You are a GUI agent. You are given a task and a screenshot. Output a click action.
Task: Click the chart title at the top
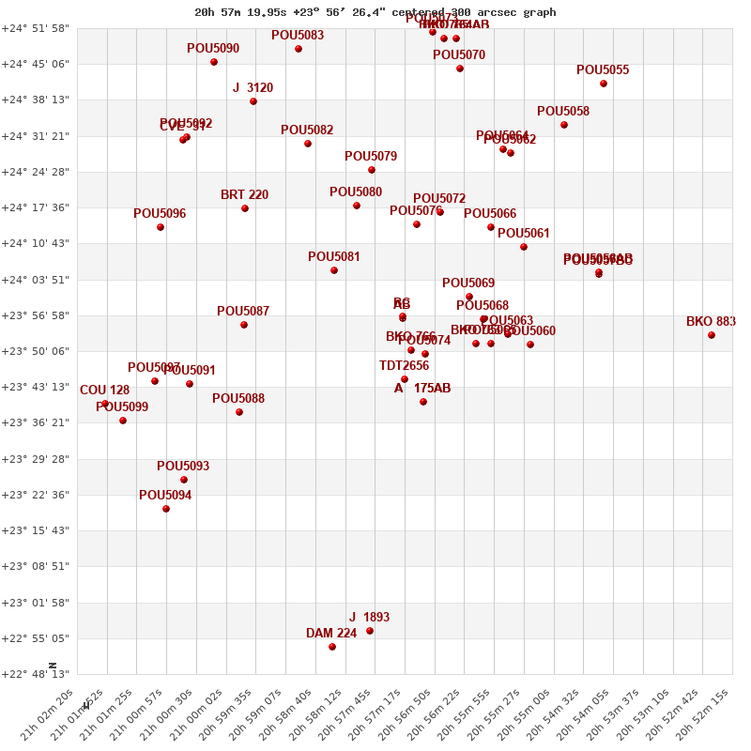pos(375,12)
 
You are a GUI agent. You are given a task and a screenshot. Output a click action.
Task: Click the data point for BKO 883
pos(712,335)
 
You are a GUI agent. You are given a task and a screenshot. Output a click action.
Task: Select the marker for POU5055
pos(604,84)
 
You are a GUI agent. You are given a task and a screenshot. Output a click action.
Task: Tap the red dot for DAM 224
pos(332,647)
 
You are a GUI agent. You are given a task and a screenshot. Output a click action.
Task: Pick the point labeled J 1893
pos(370,631)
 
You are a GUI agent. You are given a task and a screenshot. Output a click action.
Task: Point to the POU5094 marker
pos(166,509)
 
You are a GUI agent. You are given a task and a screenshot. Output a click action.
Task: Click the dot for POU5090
pos(214,62)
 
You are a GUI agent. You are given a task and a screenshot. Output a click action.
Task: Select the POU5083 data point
pos(299,49)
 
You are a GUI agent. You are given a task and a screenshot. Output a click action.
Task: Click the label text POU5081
pos(334,256)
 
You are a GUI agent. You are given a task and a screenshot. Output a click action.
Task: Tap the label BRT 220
pos(244,194)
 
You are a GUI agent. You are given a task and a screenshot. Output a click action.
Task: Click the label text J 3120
pos(253,87)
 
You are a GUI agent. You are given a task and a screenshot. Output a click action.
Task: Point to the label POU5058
pos(563,111)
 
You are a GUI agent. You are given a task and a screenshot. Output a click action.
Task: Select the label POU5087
pos(243,311)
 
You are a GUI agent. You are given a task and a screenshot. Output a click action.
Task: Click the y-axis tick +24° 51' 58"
pos(36,28)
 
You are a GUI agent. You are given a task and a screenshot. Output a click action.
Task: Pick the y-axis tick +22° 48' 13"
pos(36,674)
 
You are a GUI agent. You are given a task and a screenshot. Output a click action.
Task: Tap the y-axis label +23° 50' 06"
pos(36,351)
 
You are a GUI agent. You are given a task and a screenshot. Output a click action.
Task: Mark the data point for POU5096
pos(161,227)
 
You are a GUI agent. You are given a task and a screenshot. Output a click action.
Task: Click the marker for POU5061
pos(524,247)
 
